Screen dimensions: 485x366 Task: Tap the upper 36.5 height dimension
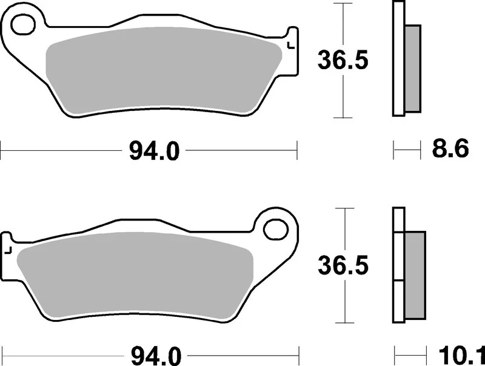tap(343, 61)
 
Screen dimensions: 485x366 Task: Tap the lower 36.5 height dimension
tap(343, 266)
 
